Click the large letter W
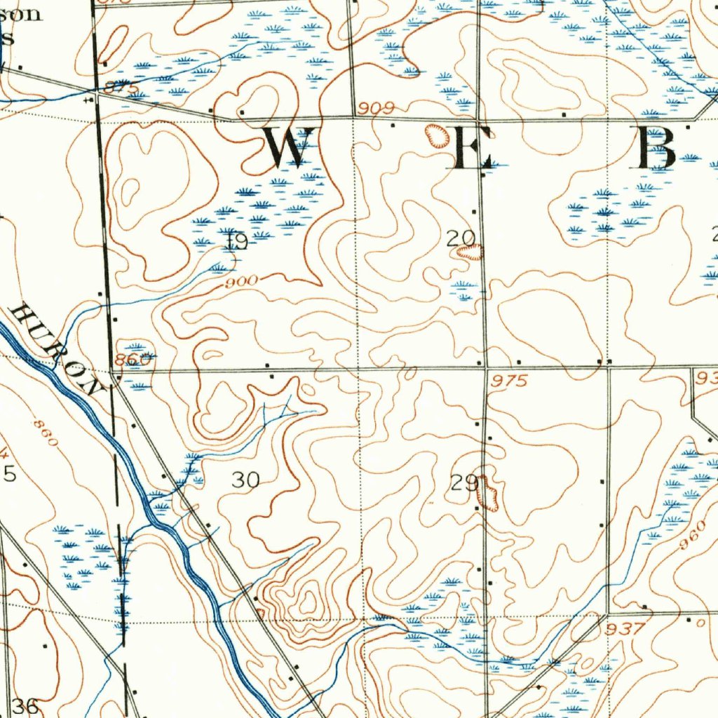(x=287, y=147)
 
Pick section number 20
(x=461, y=238)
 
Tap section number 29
(x=463, y=482)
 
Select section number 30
(x=245, y=480)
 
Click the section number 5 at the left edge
(x=10, y=475)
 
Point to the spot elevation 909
(x=375, y=109)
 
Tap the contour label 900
(x=242, y=282)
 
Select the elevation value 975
(x=508, y=381)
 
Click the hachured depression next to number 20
(x=470, y=252)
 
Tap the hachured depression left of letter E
(x=440, y=135)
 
